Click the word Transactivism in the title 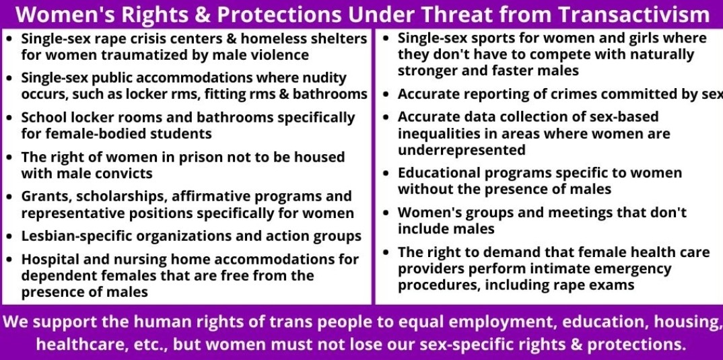(634, 15)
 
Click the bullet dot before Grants (9, 197)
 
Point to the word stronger (424, 71)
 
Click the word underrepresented (462, 150)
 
